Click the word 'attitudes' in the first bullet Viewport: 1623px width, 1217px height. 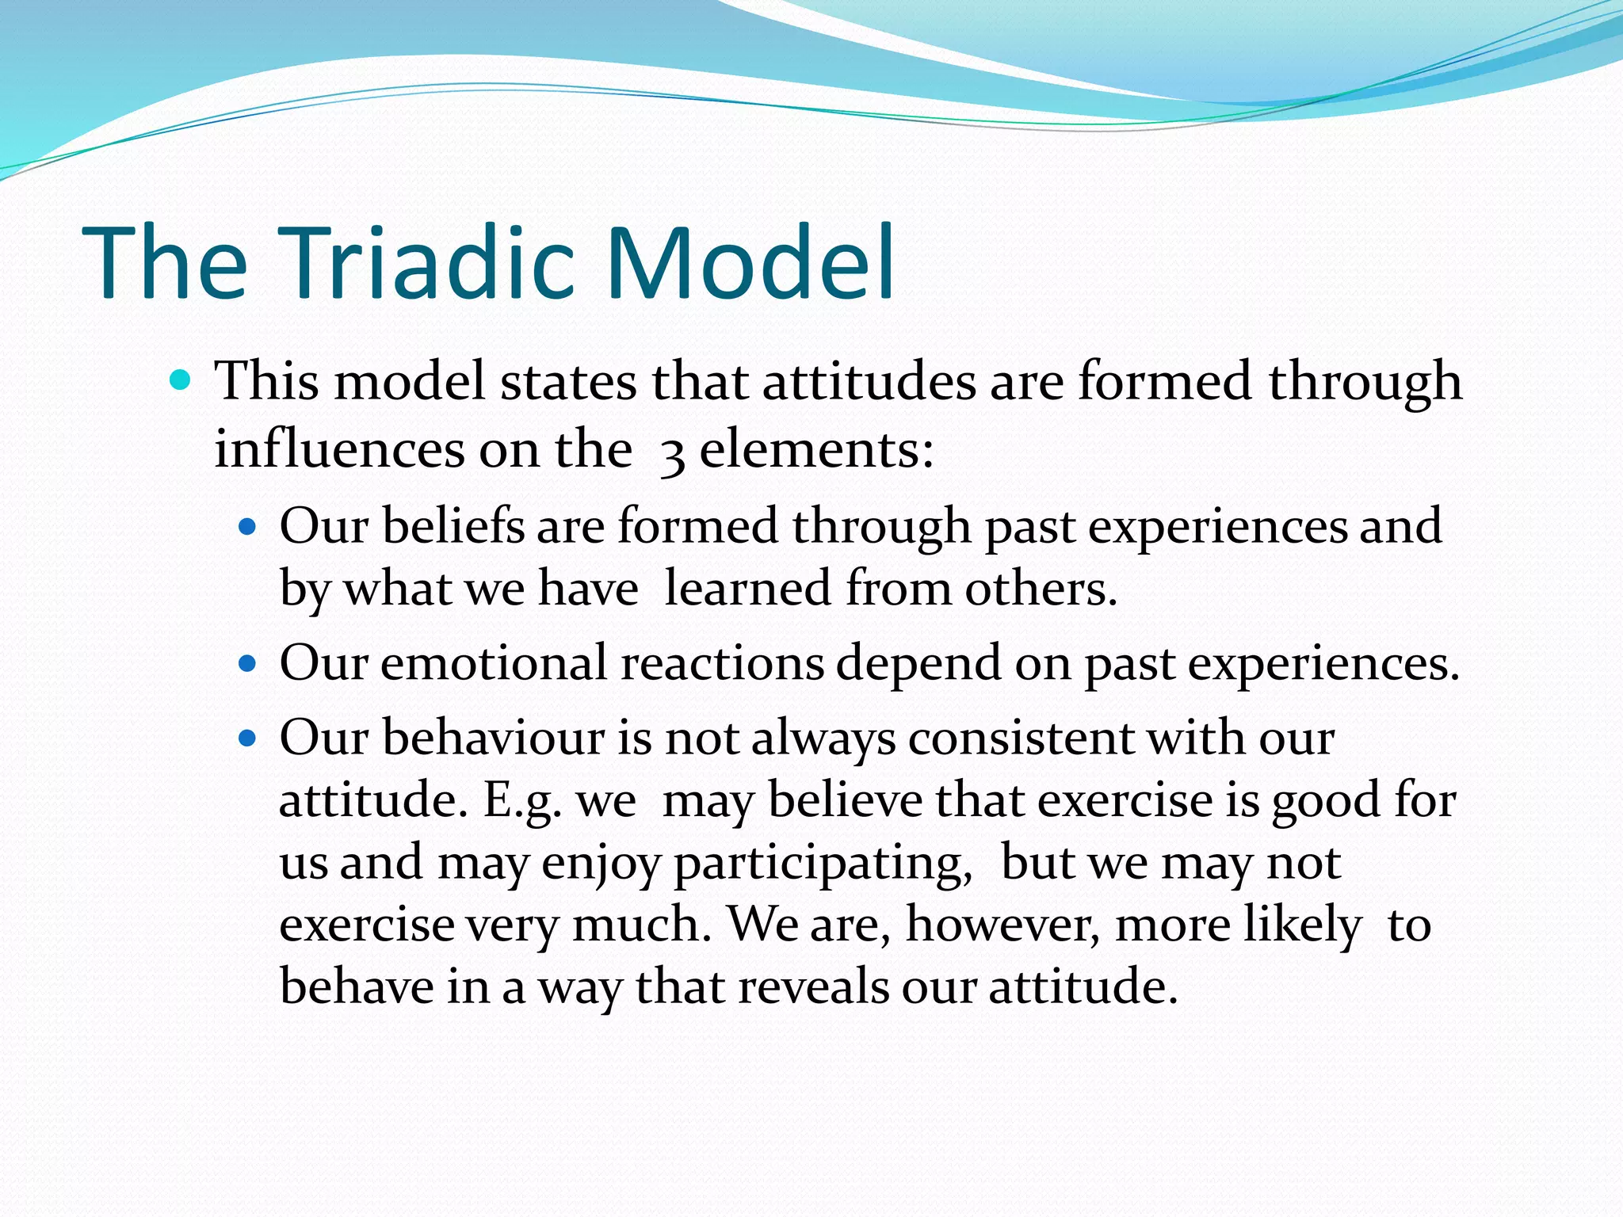coord(869,381)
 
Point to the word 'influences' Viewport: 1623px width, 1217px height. coord(339,449)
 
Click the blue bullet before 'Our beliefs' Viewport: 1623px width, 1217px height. coord(248,526)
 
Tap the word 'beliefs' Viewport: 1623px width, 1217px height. coord(453,526)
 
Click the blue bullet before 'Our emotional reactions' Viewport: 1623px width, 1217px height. coord(248,663)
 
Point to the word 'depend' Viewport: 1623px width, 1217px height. coord(918,663)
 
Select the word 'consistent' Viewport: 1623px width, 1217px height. coord(1021,739)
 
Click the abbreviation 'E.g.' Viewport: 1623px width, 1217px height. coord(523,801)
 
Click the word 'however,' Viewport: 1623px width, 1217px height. coord(1002,925)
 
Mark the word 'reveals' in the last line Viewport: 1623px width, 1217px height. coord(813,988)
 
